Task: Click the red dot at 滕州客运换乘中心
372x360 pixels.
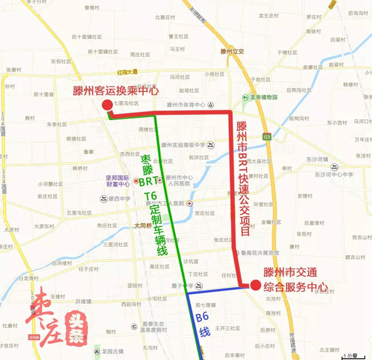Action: [x=107, y=104]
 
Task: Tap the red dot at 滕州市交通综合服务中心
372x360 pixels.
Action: [x=255, y=284]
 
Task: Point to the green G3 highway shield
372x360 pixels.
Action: [x=267, y=137]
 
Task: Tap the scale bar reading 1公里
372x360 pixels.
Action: [x=351, y=355]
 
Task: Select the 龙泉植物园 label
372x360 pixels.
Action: [x=263, y=97]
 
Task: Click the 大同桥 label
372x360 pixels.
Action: [x=143, y=226]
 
